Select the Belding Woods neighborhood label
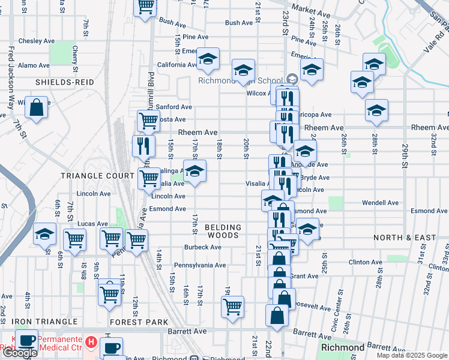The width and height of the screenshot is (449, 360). (x=223, y=231)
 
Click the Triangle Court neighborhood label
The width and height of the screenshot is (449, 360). (x=97, y=176)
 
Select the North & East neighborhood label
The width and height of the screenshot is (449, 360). (x=405, y=238)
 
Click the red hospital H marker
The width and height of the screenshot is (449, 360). (x=91, y=342)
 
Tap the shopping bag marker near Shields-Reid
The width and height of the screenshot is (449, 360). (x=37, y=107)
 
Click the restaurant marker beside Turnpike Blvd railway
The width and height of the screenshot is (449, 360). (x=143, y=145)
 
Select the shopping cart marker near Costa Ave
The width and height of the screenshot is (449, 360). (x=148, y=120)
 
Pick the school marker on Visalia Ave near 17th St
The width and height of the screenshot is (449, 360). (x=194, y=172)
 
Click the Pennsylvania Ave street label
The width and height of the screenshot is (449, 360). (x=200, y=265)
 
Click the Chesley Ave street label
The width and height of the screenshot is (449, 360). (x=37, y=41)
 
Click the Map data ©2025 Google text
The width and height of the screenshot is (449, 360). (x=411, y=355)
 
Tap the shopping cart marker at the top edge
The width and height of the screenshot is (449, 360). (x=145, y=7)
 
